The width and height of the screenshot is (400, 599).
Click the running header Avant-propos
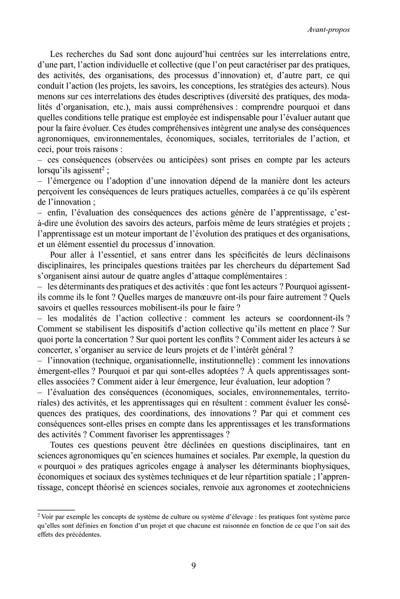coord(328,29)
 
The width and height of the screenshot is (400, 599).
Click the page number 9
coord(193,566)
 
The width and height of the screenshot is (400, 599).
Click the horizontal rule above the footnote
coord(52,510)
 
